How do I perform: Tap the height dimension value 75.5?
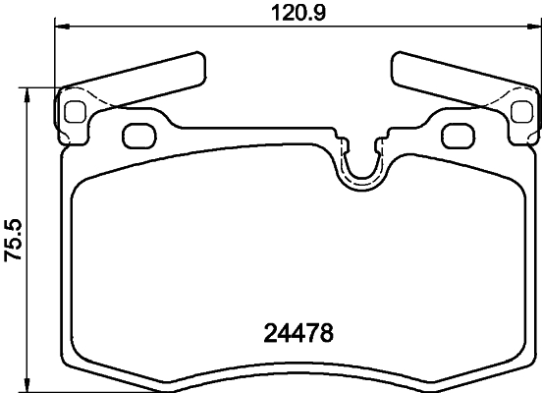pyautogui.click(x=13, y=238)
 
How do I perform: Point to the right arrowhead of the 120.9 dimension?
pyautogui.click(x=534, y=28)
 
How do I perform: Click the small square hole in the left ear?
pyautogui.click(x=75, y=112)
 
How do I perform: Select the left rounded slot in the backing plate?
pyautogui.click(x=137, y=135)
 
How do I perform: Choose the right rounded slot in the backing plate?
pyautogui.click(x=455, y=135)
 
